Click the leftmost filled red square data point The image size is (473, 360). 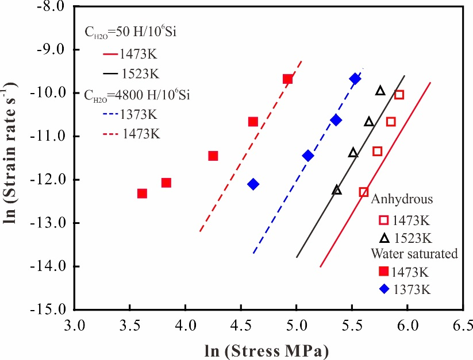coord(142,193)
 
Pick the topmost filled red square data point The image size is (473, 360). coord(287,79)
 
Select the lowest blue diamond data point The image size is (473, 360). coord(253,184)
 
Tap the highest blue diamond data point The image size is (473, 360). coord(355,79)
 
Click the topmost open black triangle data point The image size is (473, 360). coord(380,91)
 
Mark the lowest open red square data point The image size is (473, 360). coord(363,192)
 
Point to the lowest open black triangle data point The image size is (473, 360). coord(337,190)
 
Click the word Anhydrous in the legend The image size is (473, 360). coord(402,199)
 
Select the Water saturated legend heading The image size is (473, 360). coord(414,254)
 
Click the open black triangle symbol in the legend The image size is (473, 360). coord(384,237)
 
